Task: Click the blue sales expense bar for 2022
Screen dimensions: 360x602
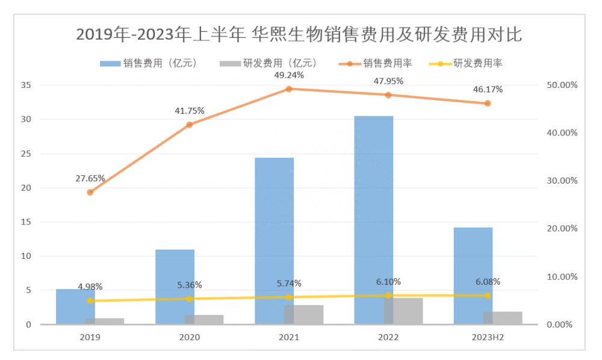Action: tap(373, 205)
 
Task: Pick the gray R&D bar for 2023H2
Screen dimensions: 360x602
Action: tap(503, 318)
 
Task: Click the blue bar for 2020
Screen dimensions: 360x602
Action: tap(175, 283)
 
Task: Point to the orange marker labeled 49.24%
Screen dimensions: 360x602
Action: tap(289, 89)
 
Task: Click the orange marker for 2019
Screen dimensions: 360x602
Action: tap(90, 192)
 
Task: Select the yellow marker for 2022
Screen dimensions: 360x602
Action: tap(388, 295)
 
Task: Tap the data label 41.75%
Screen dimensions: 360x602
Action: tap(190, 111)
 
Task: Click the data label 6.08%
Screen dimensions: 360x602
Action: tap(488, 281)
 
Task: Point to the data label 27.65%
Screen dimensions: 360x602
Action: tap(90, 178)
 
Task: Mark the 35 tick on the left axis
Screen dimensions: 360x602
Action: tap(26, 85)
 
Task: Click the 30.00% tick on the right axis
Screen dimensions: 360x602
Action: tap(560, 181)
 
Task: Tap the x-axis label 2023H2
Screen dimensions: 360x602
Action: tap(488, 338)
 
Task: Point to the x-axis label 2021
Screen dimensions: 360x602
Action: tap(289, 338)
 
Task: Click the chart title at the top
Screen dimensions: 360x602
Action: tap(299, 34)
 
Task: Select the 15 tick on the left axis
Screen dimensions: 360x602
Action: tap(26, 222)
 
